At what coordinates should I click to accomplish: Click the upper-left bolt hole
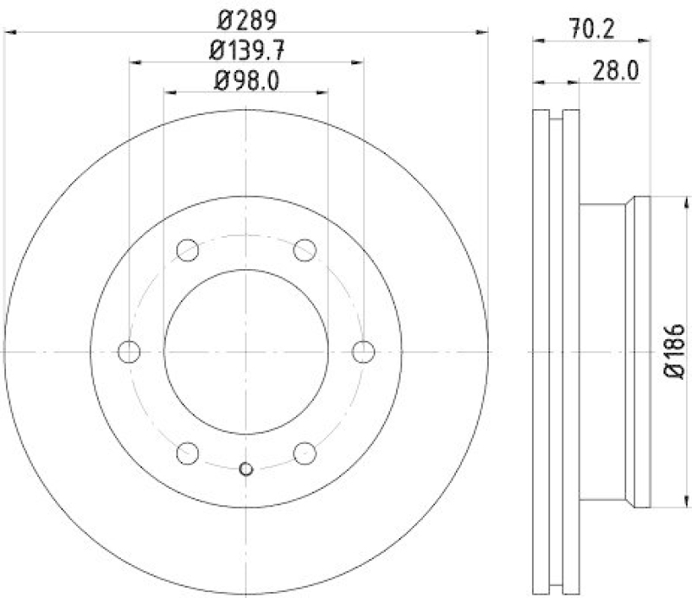pyautogui.click(x=188, y=250)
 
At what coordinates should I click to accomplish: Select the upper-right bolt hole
pyautogui.click(x=304, y=250)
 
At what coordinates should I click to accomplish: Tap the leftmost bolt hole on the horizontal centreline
pyautogui.click(x=129, y=351)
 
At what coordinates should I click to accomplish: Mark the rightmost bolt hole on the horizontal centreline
pyautogui.click(x=363, y=351)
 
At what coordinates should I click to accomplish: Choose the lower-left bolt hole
pyautogui.click(x=188, y=453)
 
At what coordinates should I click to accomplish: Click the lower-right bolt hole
pyautogui.click(x=304, y=453)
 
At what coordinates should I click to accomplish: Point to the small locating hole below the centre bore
pyautogui.click(x=246, y=469)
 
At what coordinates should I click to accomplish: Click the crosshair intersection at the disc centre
pyautogui.click(x=246, y=351)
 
